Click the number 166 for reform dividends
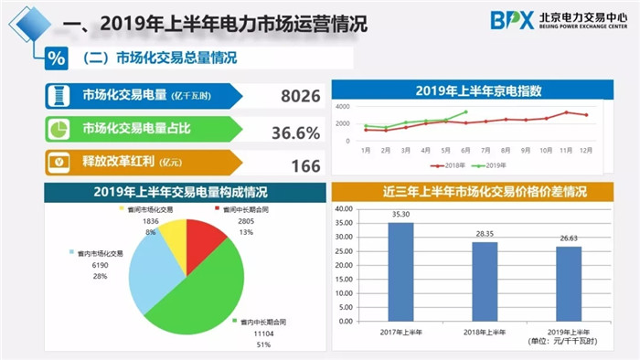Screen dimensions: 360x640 305,165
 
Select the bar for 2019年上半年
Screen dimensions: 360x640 568,283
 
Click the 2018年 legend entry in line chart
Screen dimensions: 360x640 453,166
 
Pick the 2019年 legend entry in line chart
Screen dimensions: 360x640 496,166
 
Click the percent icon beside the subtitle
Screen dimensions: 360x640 57,58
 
